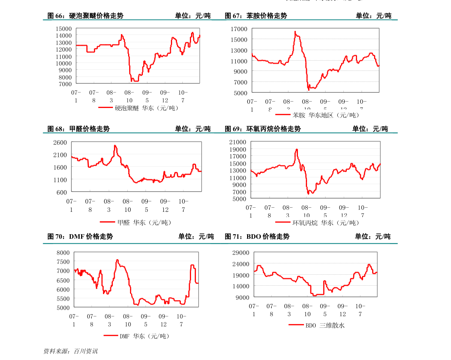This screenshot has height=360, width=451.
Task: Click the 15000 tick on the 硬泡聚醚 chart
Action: click(63, 28)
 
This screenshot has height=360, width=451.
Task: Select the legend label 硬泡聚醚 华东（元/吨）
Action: click(146, 108)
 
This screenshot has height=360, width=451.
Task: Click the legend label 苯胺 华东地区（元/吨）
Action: click(326, 115)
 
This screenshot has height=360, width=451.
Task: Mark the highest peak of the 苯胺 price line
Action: click(295, 32)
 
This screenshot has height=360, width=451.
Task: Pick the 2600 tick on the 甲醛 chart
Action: click(60, 142)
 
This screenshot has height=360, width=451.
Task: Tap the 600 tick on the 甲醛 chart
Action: click(61, 192)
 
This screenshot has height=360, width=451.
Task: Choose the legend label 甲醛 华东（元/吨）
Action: click(144, 223)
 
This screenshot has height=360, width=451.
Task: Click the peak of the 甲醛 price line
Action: click(115, 146)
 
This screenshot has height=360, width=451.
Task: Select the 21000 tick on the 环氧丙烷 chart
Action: click(238, 142)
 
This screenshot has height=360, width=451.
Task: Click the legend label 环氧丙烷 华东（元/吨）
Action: click(326, 223)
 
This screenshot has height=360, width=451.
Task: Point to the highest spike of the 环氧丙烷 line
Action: click(297, 149)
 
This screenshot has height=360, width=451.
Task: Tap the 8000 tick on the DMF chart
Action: click(63, 253)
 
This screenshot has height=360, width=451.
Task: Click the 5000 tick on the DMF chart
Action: click(63, 308)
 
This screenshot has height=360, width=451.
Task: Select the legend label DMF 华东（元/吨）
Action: click(144, 336)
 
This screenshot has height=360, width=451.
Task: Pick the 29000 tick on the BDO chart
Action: click(241, 253)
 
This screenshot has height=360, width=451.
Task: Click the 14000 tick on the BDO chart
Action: click(241, 286)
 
